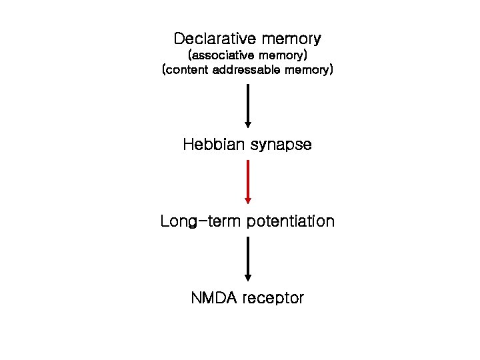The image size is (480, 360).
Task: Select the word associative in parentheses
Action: (224, 54)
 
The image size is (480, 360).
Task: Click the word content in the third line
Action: (187, 69)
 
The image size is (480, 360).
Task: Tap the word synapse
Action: (281, 145)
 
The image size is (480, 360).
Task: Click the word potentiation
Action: (291, 221)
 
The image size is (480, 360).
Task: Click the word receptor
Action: (273, 298)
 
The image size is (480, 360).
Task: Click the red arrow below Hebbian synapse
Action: (248, 180)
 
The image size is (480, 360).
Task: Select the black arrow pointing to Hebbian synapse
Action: (248, 105)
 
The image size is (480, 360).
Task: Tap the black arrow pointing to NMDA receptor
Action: (248, 258)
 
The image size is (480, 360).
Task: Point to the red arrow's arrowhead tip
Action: (248, 201)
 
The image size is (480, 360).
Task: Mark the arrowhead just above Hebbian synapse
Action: (248, 124)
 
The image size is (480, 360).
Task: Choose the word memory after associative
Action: (283, 54)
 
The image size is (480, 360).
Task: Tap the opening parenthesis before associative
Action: (191, 54)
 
